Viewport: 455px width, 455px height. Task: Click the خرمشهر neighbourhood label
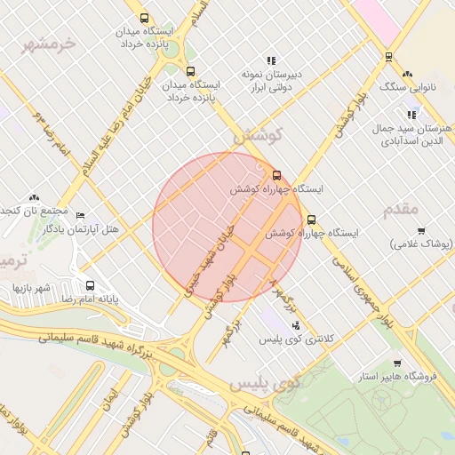pos(50,43)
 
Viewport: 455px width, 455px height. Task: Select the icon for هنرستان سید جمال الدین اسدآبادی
pos(411,115)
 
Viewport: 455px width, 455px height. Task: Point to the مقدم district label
pos(400,210)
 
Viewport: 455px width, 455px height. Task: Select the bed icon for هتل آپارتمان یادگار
pos(81,216)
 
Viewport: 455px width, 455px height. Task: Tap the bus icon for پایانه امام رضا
pos(90,285)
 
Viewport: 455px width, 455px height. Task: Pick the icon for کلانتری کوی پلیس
pos(296,325)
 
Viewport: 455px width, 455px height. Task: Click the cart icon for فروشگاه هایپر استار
pos(396,363)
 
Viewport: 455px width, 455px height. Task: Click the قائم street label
pos(211,437)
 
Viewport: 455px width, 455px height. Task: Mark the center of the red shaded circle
pos(227,227)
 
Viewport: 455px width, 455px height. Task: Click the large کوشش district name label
pos(257,137)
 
